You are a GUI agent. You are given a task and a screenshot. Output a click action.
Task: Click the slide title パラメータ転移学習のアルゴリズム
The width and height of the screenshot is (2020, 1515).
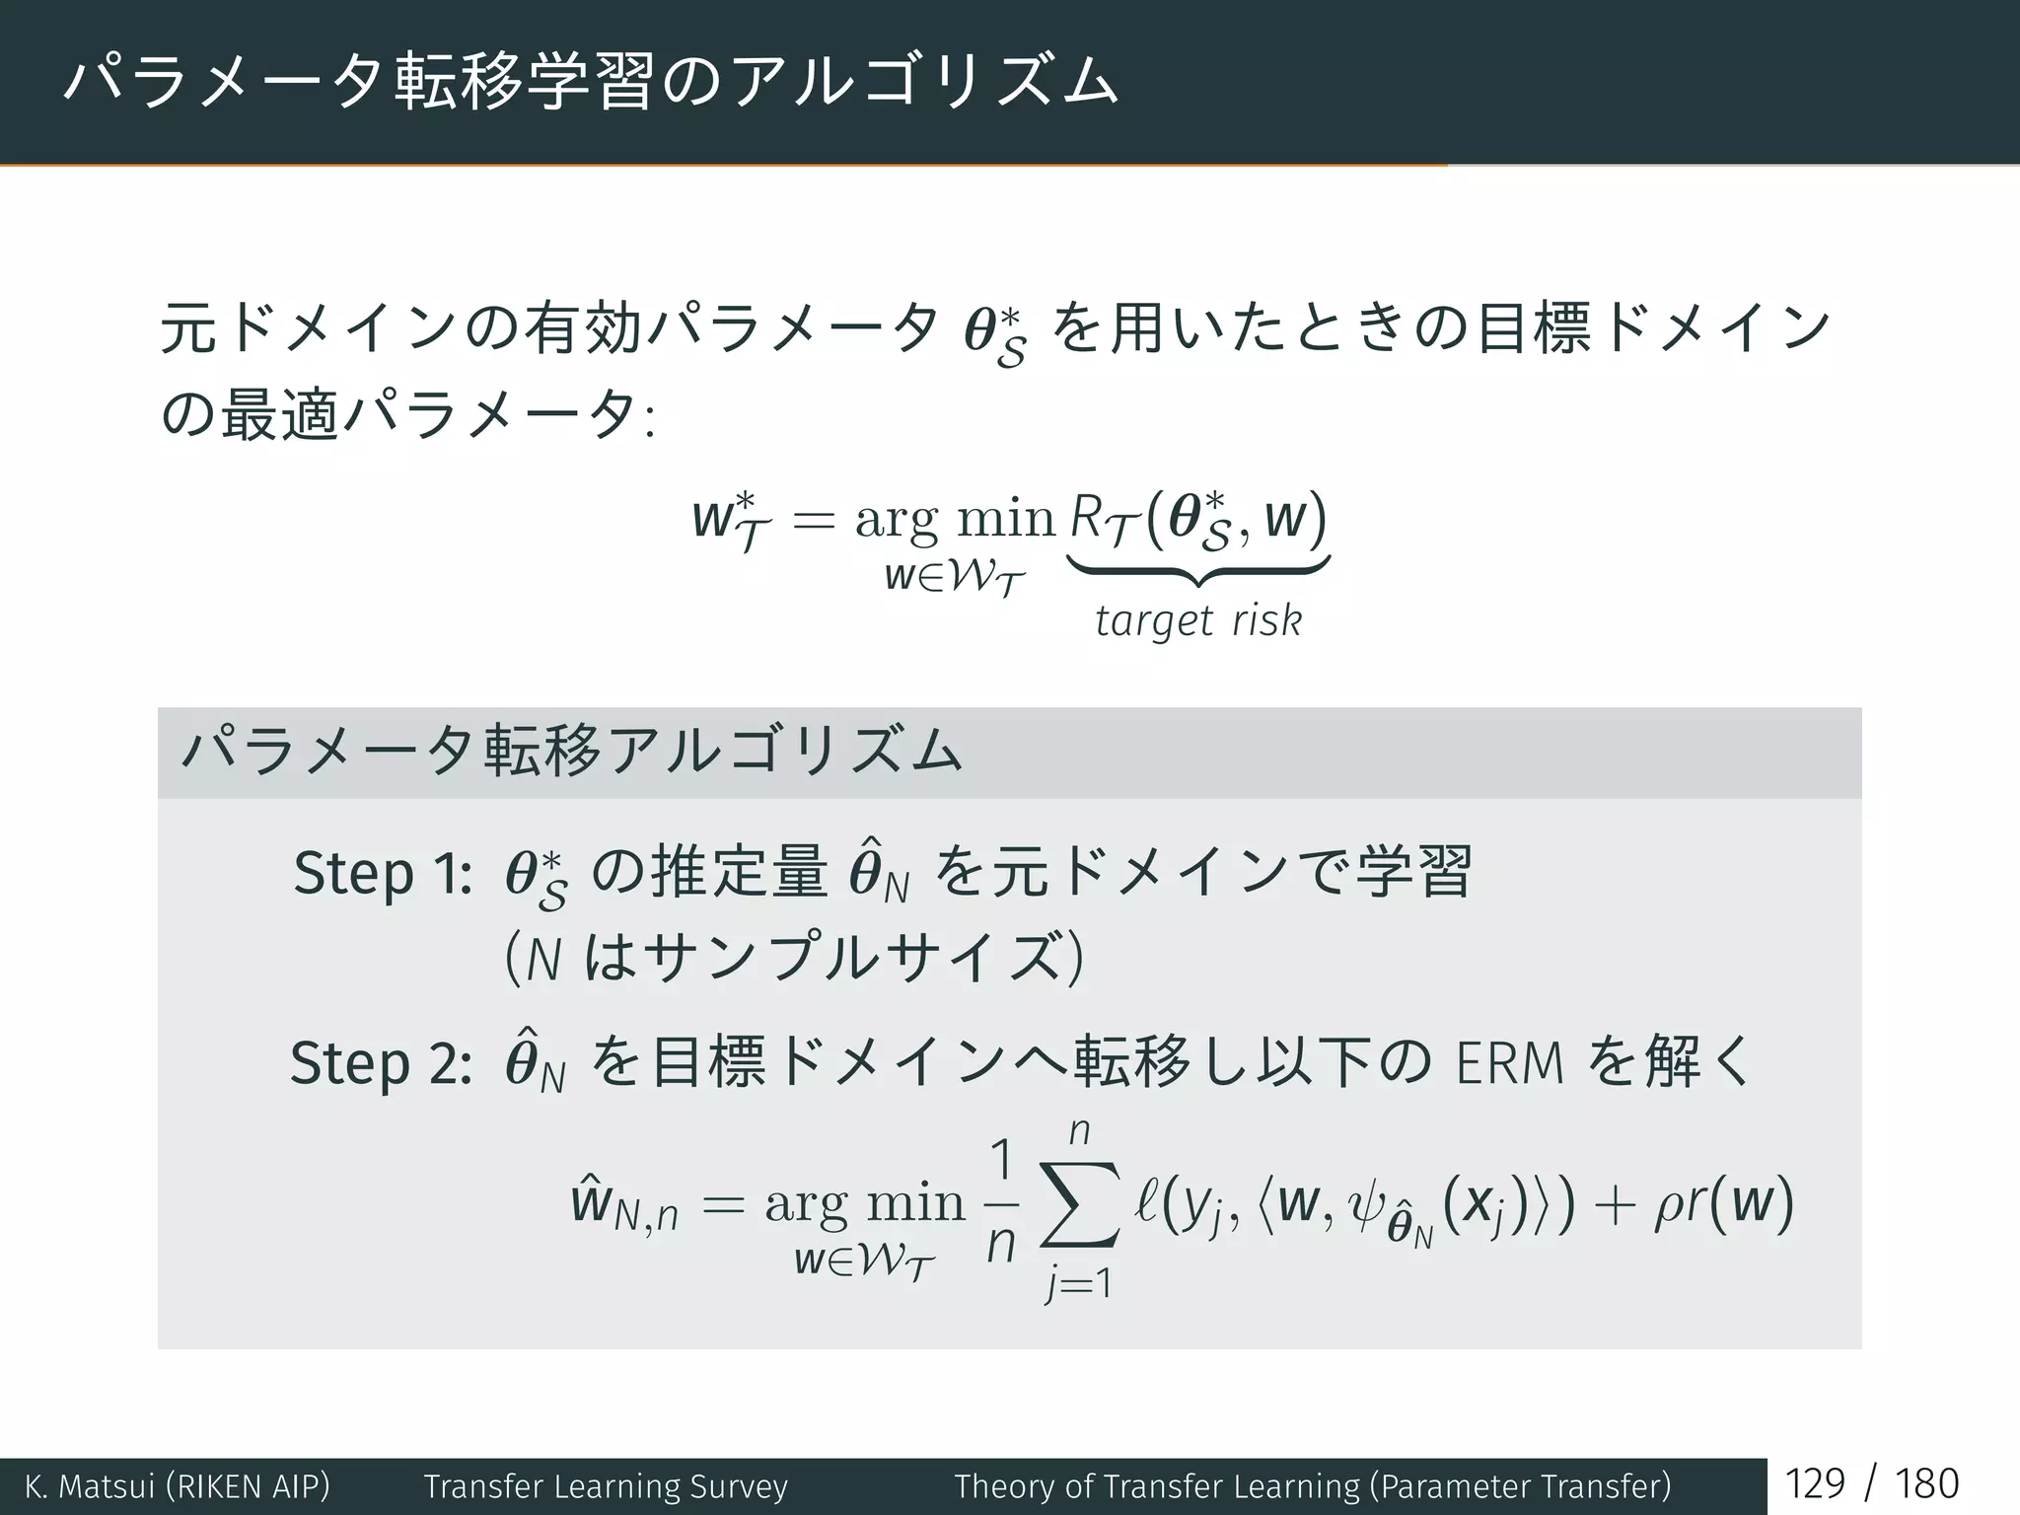(590, 81)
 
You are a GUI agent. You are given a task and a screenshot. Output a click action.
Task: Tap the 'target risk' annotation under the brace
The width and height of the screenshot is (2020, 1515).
(1197, 621)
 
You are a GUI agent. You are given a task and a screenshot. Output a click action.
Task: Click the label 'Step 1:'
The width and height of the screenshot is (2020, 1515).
(383, 874)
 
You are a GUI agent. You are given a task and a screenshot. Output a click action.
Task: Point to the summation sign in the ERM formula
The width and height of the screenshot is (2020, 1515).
(1080, 1204)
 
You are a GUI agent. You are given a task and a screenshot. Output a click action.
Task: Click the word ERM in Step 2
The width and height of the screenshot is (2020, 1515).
(1509, 1063)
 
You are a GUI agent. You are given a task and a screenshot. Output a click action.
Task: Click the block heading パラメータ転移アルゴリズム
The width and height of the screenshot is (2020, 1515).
(572, 753)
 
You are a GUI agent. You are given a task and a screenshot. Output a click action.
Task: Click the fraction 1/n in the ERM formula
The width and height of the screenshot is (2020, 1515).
(1000, 1204)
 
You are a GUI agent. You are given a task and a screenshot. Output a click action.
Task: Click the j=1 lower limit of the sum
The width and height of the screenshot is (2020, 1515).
(1079, 1284)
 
